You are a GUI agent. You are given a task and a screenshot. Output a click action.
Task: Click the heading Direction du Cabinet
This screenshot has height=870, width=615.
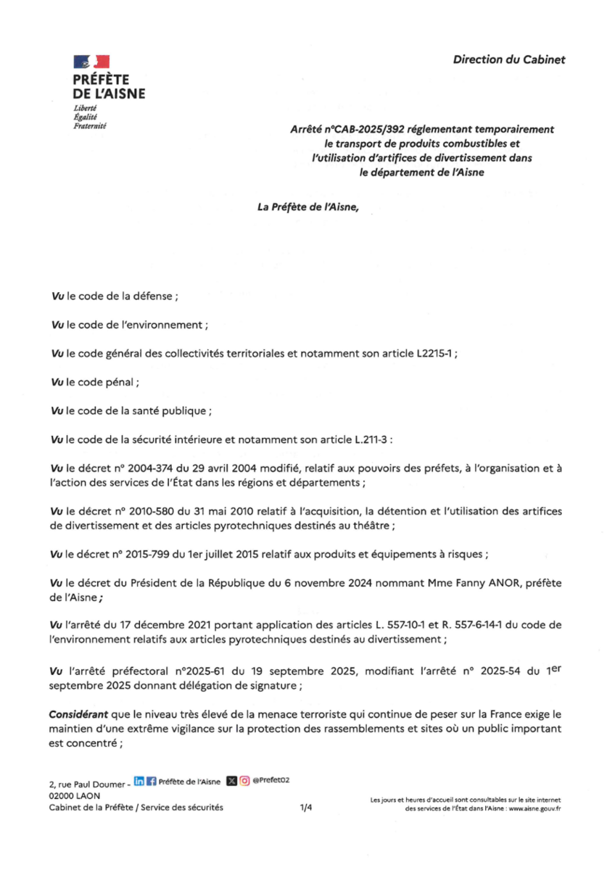click(x=508, y=59)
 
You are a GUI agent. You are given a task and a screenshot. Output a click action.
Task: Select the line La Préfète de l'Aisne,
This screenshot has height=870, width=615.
click(x=308, y=207)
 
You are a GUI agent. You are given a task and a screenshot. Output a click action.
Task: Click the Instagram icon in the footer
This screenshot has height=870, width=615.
click(x=245, y=781)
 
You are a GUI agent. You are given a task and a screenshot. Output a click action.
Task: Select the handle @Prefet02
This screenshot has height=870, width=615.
click(x=271, y=781)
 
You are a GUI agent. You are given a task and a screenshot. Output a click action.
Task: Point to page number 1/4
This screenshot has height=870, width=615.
click(x=306, y=808)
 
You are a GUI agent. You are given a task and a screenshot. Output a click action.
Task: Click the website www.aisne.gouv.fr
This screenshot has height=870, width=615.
click(x=534, y=808)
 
